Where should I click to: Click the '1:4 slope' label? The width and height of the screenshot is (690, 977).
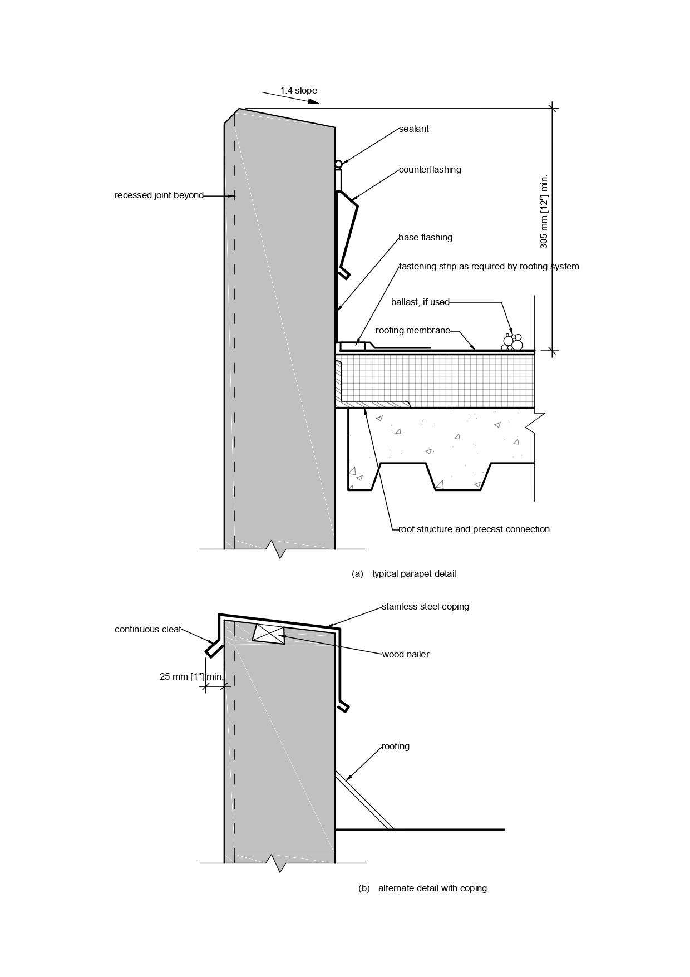click(x=298, y=90)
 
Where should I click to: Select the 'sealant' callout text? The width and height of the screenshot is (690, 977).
click(x=414, y=129)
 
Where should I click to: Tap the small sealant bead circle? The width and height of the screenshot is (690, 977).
click(x=338, y=164)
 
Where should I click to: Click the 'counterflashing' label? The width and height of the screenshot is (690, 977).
click(x=430, y=170)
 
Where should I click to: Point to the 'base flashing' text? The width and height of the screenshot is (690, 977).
click(x=426, y=238)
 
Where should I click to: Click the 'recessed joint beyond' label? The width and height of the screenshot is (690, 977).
click(x=159, y=195)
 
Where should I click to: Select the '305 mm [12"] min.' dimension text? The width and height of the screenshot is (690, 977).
click(x=544, y=212)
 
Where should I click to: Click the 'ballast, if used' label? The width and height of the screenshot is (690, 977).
click(x=420, y=302)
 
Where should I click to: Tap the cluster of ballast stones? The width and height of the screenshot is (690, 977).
click(x=512, y=342)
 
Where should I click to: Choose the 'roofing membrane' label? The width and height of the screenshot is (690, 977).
click(x=413, y=331)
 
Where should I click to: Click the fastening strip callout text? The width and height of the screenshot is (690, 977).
click(x=489, y=267)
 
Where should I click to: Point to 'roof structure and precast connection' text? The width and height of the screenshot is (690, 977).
click(x=474, y=529)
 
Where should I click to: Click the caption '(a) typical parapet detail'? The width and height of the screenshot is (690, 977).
click(x=404, y=574)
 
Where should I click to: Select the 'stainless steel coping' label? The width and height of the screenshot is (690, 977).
click(x=426, y=607)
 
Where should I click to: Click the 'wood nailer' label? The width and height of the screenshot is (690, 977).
click(x=406, y=655)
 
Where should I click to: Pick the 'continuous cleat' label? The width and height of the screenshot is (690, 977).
click(x=148, y=630)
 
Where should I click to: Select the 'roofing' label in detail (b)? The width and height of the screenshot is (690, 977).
click(x=396, y=747)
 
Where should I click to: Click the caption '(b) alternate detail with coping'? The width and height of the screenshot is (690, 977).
click(x=423, y=888)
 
